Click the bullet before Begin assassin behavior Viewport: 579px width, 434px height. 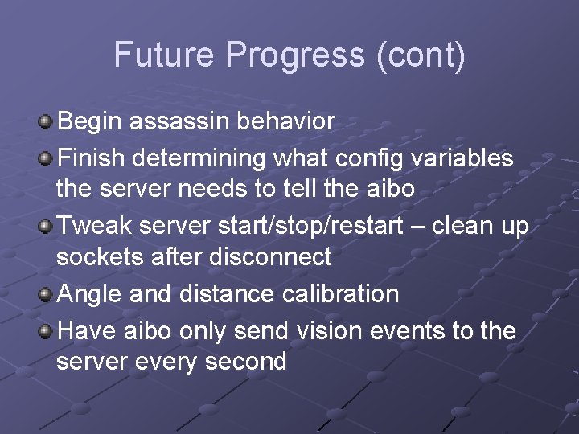coord(47,123)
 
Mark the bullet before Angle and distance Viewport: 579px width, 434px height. coord(47,295)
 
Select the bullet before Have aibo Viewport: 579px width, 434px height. coord(47,331)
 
